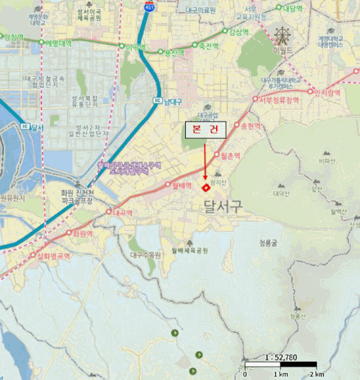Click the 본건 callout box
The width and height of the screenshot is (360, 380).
(205, 130)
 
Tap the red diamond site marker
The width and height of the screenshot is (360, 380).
(206, 188)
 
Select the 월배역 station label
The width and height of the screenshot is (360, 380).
(182, 185)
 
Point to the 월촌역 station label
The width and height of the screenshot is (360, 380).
(230, 155)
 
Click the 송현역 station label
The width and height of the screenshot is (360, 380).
(250, 125)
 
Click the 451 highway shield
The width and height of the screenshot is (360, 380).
(149, 7)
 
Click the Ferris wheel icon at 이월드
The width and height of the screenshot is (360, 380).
(282, 36)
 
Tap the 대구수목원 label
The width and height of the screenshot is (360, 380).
(146, 255)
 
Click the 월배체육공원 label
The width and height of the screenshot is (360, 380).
(190, 250)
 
